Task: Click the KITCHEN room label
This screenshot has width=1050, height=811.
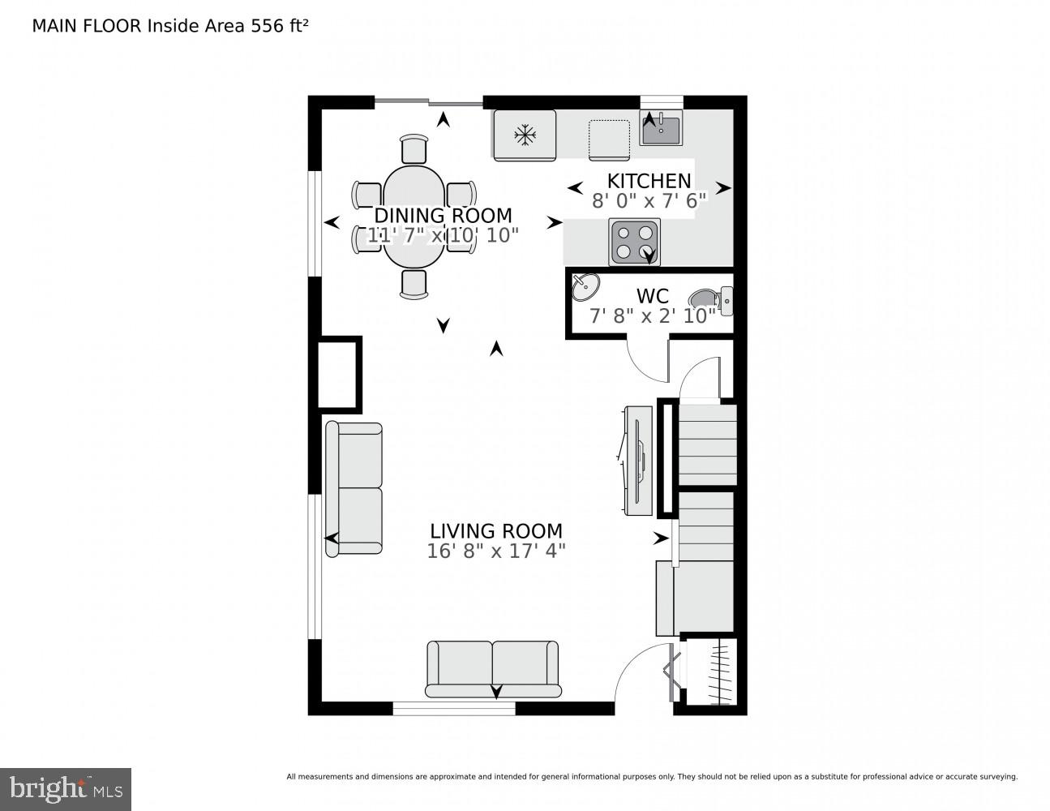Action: click(649, 181)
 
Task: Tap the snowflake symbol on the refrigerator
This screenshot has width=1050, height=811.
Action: click(525, 135)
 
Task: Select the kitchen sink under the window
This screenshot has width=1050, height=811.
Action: click(661, 128)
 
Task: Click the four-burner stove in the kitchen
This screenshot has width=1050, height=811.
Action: click(634, 242)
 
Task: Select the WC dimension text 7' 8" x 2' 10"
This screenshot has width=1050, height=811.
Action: click(652, 316)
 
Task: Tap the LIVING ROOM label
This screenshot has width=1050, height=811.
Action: click(495, 531)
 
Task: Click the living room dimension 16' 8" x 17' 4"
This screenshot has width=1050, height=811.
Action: click(495, 551)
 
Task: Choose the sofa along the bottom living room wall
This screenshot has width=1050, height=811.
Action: click(493, 668)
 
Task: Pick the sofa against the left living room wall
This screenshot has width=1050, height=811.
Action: click(354, 488)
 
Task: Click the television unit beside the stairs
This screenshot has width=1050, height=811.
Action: click(637, 460)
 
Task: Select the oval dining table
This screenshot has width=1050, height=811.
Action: click(414, 215)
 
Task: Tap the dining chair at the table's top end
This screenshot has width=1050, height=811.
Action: click(414, 149)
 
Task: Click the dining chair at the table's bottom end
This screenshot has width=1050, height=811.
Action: click(414, 283)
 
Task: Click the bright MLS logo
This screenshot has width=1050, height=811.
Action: click(66, 788)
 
